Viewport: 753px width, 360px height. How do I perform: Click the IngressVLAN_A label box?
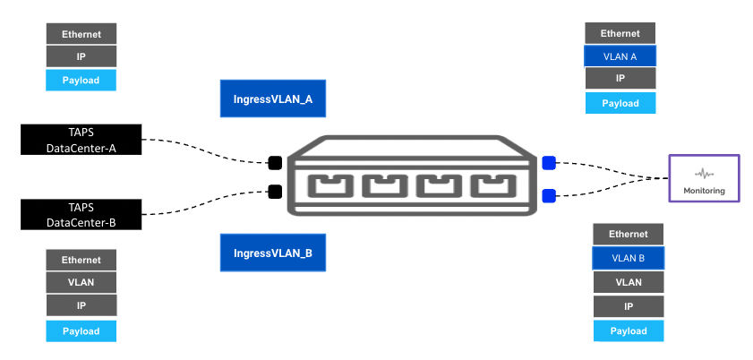click(x=273, y=99)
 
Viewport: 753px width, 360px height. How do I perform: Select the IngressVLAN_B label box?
click(x=273, y=253)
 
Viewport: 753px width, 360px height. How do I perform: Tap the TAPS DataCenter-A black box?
click(x=81, y=140)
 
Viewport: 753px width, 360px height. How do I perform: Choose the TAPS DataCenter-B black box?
click(x=81, y=215)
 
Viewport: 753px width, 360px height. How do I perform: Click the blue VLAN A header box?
click(x=620, y=56)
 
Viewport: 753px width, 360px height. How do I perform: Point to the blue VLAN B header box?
click(x=628, y=258)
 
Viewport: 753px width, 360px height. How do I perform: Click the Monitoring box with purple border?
click(x=705, y=177)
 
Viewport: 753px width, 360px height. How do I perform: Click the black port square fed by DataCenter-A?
click(x=276, y=163)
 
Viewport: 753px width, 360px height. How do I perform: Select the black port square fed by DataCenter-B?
click(x=276, y=191)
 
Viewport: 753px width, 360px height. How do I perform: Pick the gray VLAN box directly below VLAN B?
click(x=628, y=282)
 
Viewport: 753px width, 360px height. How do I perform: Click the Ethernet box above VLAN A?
click(x=620, y=33)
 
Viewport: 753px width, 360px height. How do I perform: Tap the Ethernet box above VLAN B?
click(x=628, y=235)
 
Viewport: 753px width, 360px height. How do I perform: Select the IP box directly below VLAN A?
click(x=620, y=79)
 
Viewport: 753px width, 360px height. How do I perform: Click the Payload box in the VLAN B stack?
click(x=628, y=330)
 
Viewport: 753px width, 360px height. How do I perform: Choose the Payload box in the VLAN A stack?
click(x=620, y=103)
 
